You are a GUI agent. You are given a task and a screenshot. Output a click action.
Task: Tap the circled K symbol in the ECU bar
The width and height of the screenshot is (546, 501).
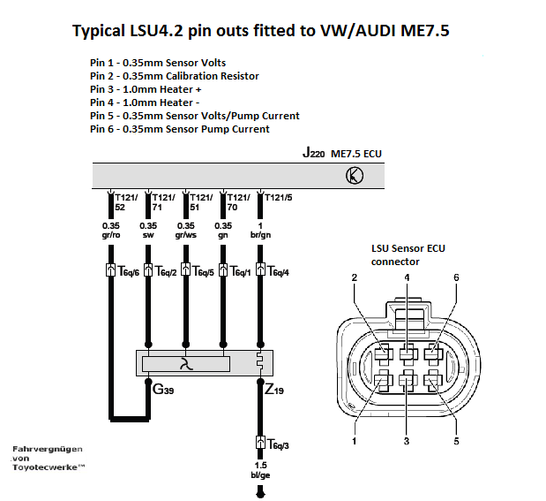click(354, 175)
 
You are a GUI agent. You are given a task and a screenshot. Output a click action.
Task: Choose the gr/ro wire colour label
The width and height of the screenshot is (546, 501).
click(111, 237)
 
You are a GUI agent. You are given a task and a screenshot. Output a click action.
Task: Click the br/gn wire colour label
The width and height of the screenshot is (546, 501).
click(262, 237)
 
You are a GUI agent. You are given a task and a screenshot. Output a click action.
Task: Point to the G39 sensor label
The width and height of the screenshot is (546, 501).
click(165, 389)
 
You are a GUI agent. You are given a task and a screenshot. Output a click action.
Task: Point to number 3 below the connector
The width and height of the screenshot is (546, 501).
click(406, 438)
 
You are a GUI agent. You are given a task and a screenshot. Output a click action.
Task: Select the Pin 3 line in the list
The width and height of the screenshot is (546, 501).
click(146, 89)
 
